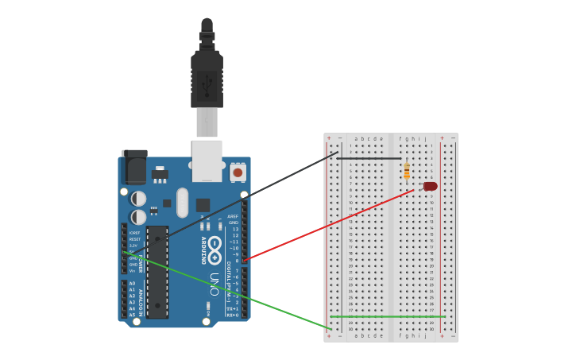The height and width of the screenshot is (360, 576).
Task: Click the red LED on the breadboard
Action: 430,186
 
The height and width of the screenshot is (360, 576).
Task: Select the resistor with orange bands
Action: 407,170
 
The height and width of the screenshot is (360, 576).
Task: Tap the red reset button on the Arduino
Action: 238,172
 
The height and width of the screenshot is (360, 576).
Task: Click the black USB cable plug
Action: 207,79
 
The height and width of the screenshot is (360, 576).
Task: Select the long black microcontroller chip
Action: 157,272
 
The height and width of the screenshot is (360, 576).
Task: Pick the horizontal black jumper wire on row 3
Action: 369,158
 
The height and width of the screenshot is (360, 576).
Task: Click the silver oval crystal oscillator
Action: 183,203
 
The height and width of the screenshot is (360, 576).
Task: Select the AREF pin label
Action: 233,216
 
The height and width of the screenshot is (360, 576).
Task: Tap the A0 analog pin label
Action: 132,283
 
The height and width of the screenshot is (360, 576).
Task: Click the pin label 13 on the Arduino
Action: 234,229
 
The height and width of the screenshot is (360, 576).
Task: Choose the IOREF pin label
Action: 134,233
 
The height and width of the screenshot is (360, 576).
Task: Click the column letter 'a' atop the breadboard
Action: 356,138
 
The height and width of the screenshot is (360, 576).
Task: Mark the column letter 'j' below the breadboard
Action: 425,335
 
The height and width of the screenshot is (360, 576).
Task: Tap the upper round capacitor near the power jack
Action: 138,198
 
